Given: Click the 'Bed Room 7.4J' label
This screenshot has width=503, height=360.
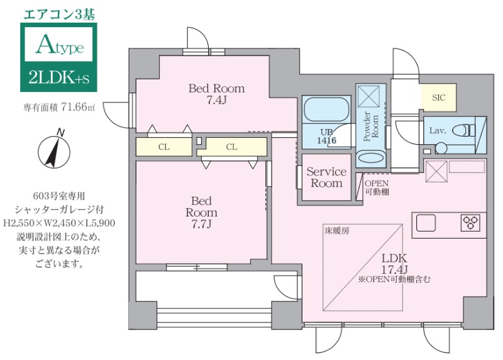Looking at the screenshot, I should tap(216, 94).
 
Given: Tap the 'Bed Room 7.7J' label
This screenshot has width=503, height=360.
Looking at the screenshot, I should tap(201, 212).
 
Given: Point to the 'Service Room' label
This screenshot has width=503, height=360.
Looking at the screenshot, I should tap(326, 177).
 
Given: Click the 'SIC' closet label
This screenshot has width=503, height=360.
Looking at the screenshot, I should tap(438, 98).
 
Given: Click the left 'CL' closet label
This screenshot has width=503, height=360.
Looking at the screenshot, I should tap(163, 147).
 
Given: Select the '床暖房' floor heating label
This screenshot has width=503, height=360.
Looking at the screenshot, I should tap(337, 231).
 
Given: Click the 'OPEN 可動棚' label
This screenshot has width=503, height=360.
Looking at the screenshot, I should tap(377, 188).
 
